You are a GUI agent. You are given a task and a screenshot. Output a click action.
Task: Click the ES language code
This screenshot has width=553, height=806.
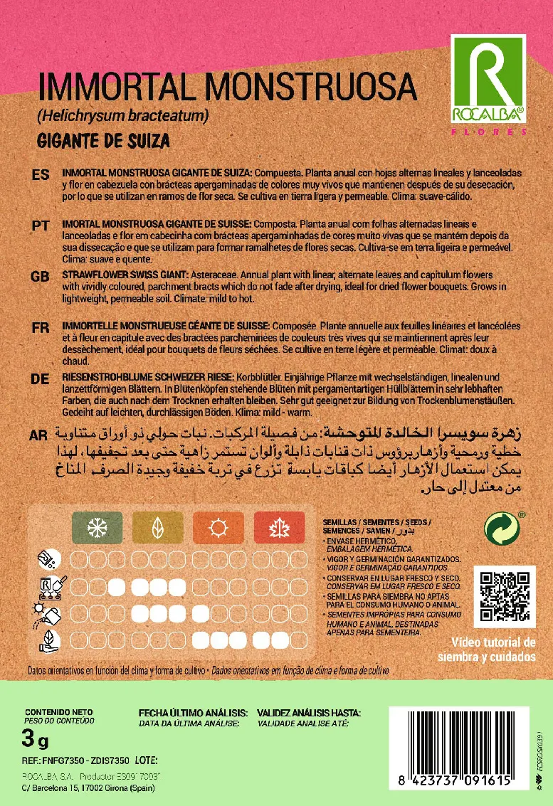[x=41, y=175]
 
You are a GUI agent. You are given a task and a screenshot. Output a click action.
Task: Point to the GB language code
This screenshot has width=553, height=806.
[x=41, y=276]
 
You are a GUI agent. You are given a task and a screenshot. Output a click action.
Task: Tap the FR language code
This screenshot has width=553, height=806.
[x=41, y=327]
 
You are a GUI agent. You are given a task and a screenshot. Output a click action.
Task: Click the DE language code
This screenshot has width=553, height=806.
[x=41, y=379]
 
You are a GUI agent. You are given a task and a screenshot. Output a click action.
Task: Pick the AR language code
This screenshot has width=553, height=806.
[x=41, y=434]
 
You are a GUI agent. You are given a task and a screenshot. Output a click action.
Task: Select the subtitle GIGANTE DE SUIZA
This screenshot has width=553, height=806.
[x=103, y=140]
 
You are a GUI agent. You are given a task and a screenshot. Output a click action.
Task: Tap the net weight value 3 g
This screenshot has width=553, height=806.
[x=36, y=741]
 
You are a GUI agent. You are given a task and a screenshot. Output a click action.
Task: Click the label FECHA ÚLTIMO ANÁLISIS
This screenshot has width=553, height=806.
[x=193, y=712]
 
